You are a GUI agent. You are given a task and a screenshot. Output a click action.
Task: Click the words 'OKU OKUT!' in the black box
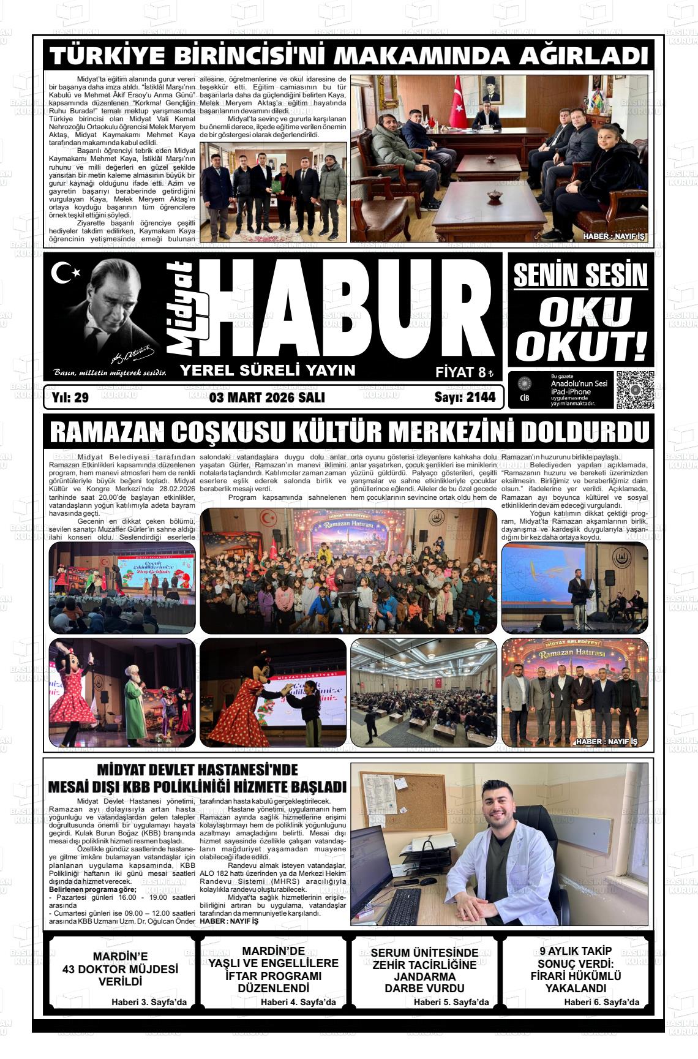tap(579, 330)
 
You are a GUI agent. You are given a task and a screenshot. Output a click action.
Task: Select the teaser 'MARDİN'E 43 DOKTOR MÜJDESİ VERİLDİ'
tap(120, 969)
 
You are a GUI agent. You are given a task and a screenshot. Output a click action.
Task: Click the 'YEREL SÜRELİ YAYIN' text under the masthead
tap(268, 370)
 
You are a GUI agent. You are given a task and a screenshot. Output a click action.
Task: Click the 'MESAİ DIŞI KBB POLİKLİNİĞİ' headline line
tap(197, 786)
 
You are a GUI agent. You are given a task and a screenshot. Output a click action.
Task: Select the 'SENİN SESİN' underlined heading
tap(579, 275)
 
